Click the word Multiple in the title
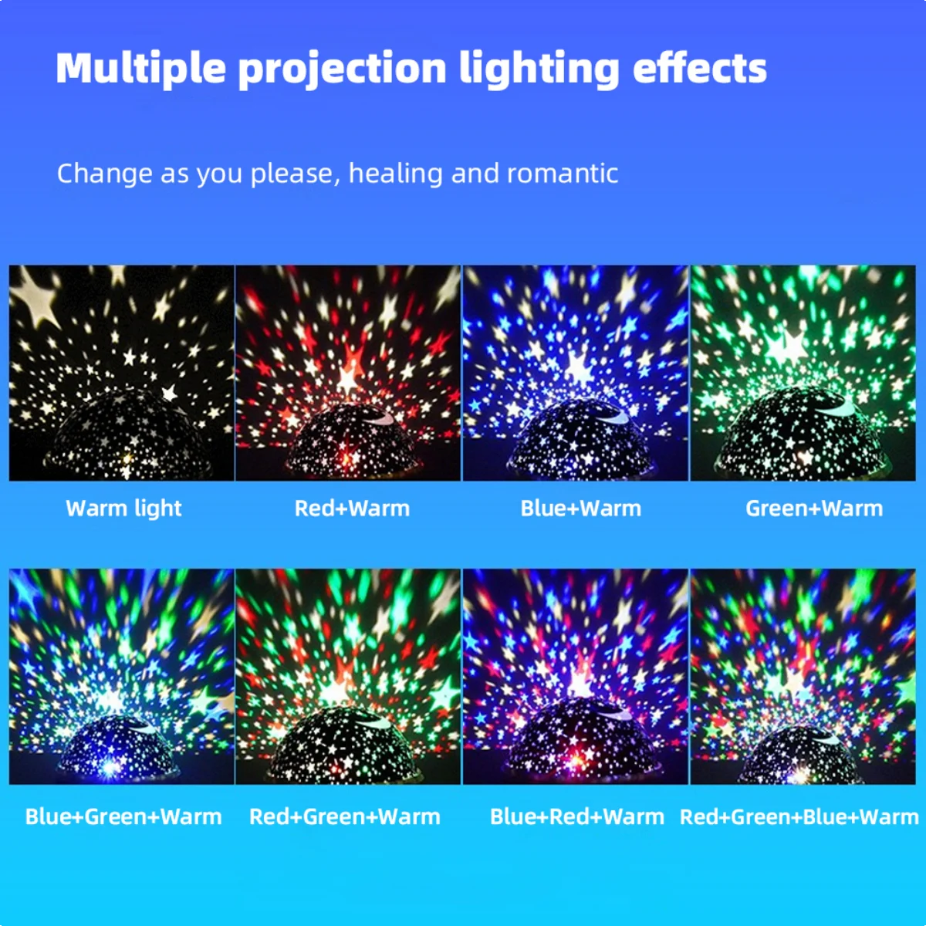click(x=140, y=68)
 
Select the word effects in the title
click(x=699, y=68)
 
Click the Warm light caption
click(x=123, y=509)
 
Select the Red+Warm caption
click(x=352, y=509)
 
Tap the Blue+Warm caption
click(x=580, y=509)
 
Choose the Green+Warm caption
click(x=814, y=509)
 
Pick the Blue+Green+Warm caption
click(x=123, y=816)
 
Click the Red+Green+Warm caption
click(x=345, y=816)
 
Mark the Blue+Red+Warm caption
click(x=576, y=816)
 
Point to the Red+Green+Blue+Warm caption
click(x=799, y=816)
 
